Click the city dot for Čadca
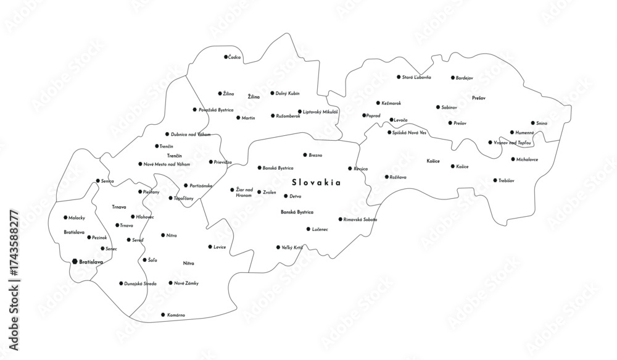coord(226,57)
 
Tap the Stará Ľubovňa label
coord(416,77)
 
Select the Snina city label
coord(542,123)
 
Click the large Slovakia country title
coord(317,183)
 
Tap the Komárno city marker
coord(162,315)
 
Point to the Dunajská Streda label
coord(141,283)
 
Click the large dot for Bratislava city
coord(75,262)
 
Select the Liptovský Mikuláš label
coord(321,112)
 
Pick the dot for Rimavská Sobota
coord(340,219)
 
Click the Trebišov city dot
coord(495,180)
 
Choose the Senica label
coord(108,181)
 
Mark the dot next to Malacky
coord(66,217)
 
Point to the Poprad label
coord(373,115)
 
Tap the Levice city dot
coord(209,247)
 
